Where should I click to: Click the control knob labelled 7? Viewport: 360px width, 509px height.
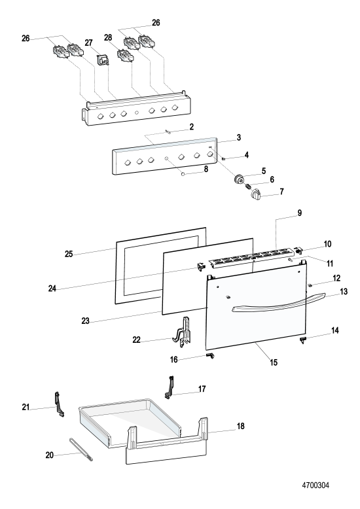256,194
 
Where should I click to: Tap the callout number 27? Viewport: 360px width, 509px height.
89,43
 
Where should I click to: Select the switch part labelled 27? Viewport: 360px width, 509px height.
103,60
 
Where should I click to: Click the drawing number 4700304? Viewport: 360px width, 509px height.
315,485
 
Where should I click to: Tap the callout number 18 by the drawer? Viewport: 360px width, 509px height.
240,426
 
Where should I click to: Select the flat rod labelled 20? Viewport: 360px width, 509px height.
81,449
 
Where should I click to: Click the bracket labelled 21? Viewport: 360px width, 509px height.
59,404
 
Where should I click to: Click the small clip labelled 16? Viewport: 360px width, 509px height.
210,356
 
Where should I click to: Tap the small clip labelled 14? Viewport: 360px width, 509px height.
303,340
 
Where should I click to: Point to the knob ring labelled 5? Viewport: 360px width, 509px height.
240,179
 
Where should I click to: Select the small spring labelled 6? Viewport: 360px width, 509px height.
248,186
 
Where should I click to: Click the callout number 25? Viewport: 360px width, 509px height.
69,254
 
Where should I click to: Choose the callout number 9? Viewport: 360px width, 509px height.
299,213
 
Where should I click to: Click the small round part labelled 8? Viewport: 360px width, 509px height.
183,174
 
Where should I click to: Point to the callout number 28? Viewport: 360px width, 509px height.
108,38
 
